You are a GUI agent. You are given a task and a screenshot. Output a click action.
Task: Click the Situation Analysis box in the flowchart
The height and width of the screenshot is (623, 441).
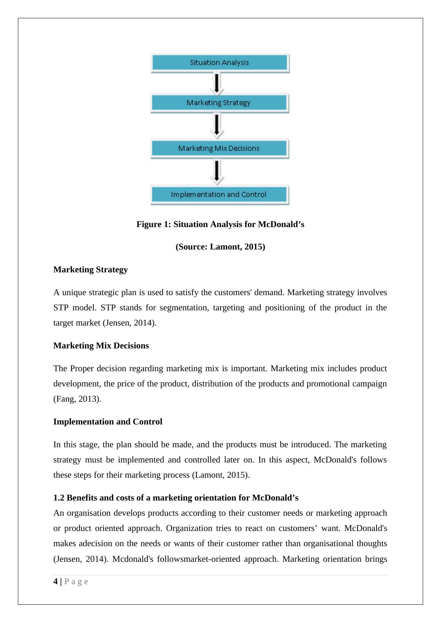pyautogui.click(x=220, y=63)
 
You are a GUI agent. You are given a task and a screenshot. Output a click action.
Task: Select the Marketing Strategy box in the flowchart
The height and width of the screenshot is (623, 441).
pyautogui.click(x=219, y=103)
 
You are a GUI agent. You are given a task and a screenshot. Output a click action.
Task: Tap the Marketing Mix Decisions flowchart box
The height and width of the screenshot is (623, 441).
pyautogui.click(x=219, y=148)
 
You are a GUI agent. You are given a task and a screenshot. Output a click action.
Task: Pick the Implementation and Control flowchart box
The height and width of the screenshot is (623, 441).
pyautogui.click(x=219, y=195)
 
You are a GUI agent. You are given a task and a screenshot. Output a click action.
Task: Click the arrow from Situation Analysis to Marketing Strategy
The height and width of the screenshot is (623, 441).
pyautogui.click(x=217, y=83)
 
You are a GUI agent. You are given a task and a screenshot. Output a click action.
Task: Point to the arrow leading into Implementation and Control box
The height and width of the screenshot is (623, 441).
pyautogui.click(x=217, y=172)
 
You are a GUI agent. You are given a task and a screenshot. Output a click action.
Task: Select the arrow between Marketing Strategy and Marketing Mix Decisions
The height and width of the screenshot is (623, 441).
pyautogui.click(x=217, y=126)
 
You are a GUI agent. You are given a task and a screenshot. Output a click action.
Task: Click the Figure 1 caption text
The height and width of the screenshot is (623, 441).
pyautogui.click(x=220, y=224)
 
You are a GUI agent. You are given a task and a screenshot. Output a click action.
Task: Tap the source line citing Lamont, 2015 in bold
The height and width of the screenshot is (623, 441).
pyautogui.click(x=220, y=247)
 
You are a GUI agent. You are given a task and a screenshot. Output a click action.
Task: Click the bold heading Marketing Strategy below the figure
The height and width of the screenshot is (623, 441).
pyautogui.click(x=91, y=270)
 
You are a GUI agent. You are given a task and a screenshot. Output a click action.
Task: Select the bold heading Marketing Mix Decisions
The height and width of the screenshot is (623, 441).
pyautogui.click(x=101, y=346)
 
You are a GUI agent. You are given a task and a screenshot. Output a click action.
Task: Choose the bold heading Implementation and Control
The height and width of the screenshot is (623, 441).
pyautogui.click(x=108, y=422)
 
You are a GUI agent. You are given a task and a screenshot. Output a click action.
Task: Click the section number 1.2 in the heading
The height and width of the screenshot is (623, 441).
pyautogui.click(x=59, y=498)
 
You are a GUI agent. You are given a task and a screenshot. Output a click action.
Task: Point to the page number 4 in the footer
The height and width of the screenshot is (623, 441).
pyautogui.click(x=56, y=582)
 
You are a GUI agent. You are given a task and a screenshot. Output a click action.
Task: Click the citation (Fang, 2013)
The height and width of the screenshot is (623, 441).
pyautogui.click(x=77, y=399)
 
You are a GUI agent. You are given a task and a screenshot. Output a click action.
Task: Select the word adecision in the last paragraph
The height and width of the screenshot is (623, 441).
pyautogui.click(x=95, y=544)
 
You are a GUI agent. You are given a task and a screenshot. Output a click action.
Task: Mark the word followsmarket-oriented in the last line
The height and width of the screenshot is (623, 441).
pyautogui.click(x=198, y=559)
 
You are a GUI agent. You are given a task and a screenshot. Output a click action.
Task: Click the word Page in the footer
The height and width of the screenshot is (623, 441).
pyautogui.click(x=76, y=582)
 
